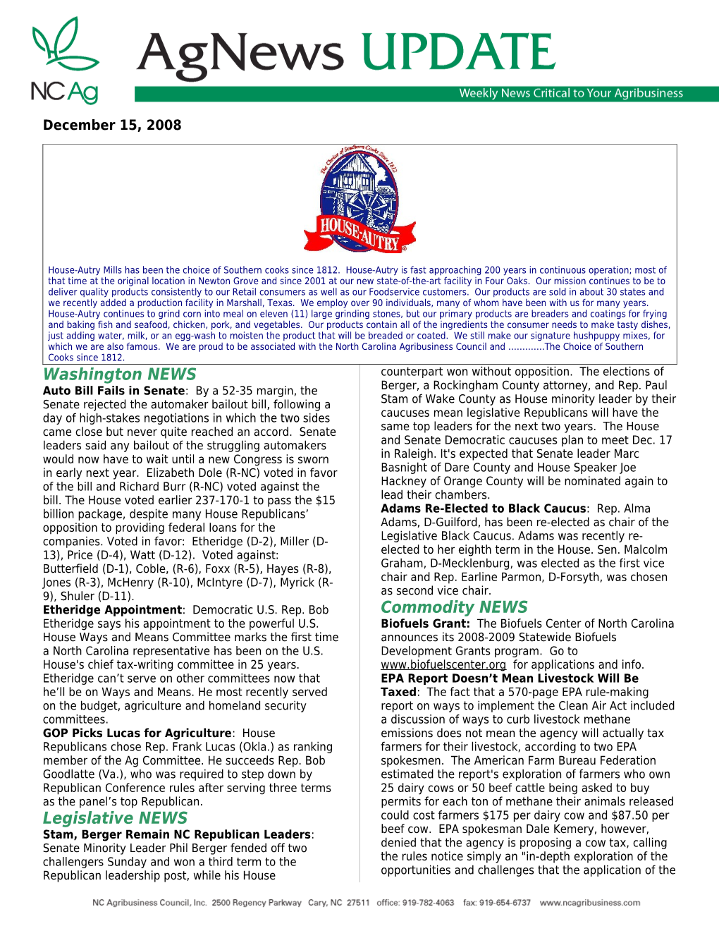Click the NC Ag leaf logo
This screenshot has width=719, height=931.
click(x=65, y=60)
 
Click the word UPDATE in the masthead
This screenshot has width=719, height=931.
click(x=458, y=53)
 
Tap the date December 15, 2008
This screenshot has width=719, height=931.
click(x=112, y=126)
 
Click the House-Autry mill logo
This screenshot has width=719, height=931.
click(x=359, y=200)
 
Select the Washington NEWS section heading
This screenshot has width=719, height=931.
click(x=120, y=375)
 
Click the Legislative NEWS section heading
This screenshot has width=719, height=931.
click(x=115, y=818)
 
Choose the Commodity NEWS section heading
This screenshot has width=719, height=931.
click(x=454, y=607)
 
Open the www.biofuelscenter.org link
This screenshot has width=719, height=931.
click(x=443, y=664)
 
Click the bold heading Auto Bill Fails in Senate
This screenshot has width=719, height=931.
click(x=113, y=391)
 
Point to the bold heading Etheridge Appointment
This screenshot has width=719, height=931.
click(x=112, y=610)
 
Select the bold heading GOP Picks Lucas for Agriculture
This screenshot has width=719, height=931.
click(x=137, y=734)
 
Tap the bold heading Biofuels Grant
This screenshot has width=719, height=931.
click(x=424, y=623)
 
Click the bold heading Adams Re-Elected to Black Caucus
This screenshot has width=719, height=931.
click(x=483, y=509)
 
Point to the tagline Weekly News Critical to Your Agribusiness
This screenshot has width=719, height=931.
click(x=571, y=93)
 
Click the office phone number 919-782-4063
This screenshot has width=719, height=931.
click(x=428, y=903)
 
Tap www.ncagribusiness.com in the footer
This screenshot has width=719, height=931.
click(x=590, y=903)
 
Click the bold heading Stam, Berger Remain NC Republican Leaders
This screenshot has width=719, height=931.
click(x=176, y=834)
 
